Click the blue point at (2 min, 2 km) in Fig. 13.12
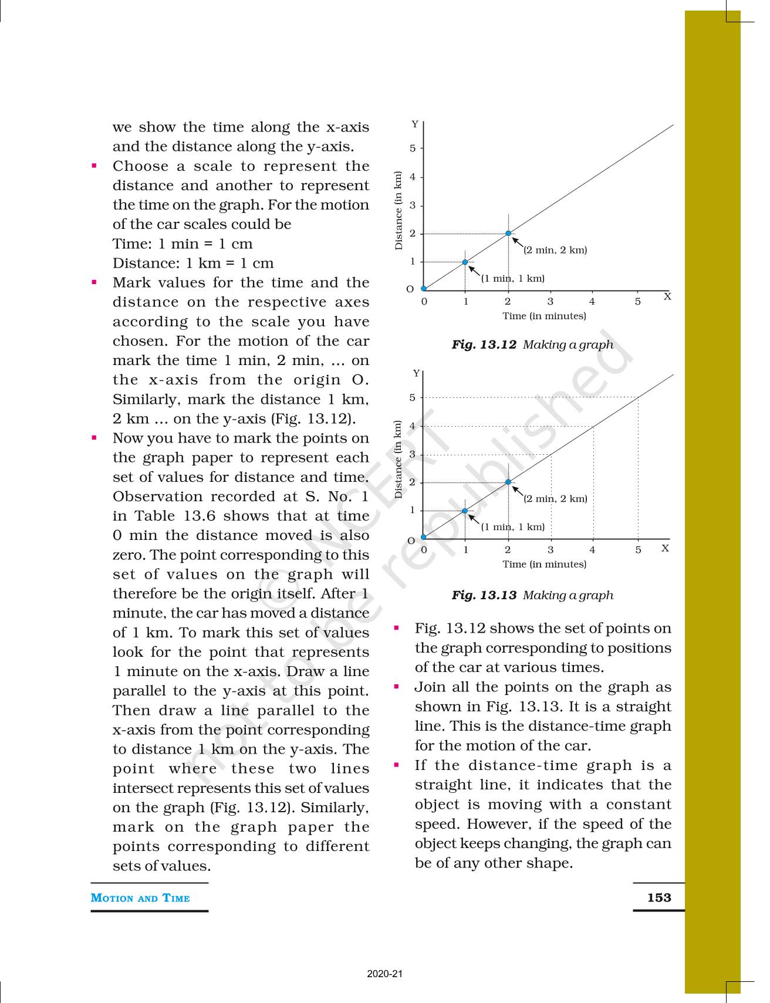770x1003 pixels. [x=508, y=234]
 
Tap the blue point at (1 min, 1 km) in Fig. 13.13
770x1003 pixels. [x=465, y=511]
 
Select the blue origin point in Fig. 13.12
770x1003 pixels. [x=424, y=289]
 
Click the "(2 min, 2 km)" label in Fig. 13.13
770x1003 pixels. [x=555, y=499]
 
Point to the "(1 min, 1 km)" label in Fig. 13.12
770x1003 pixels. [x=513, y=278]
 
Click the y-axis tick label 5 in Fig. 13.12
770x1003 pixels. [x=413, y=148]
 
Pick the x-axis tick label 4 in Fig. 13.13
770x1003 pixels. [x=592, y=550]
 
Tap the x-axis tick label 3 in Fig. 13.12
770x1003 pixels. [x=551, y=302]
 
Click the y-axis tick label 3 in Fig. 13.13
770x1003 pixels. [x=413, y=454]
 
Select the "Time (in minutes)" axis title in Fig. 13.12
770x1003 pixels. [x=544, y=316]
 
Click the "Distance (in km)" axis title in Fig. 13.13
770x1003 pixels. [x=398, y=460]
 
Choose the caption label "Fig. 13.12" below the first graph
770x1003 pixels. [x=484, y=345]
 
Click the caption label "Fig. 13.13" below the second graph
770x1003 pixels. [x=484, y=595]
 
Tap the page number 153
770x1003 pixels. [x=658, y=897]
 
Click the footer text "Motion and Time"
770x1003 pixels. [x=140, y=898]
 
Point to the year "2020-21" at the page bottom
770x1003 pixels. [x=385, y=974]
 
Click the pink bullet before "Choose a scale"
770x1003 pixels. [x=94, y=166]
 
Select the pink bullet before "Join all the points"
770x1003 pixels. [x=397, y=687]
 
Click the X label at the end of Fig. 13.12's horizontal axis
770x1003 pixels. [x=667, y=296]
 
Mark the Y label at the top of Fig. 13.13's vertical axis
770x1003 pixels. [x=416, y=373]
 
